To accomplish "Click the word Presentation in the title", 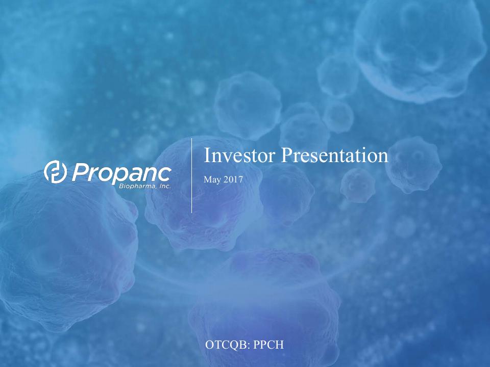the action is click(x=335, y=155).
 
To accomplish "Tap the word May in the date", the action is click(x=211, y=180).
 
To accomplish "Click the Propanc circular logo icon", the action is click(x=55, y=171).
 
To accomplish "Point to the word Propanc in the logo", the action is click(x=121, y=173).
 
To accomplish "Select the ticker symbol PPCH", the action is click(x=268, y=345).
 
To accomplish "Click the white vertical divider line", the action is click(x=191, y=175).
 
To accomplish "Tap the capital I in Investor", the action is click(x=206, y=155).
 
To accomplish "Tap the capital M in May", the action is click(x=207, y=179).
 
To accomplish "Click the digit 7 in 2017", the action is click(x=240, y=179).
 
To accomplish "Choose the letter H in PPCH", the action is click(x=279, y=345).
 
